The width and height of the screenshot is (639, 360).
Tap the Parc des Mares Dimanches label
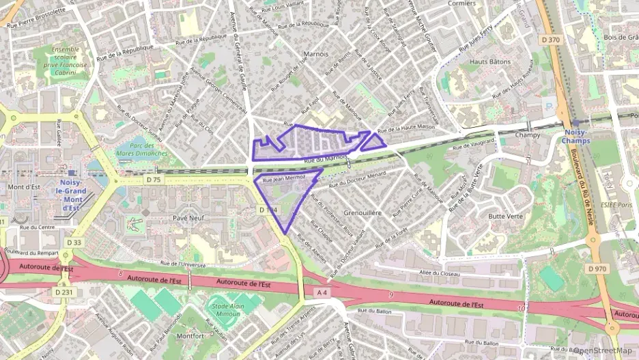point(142,150)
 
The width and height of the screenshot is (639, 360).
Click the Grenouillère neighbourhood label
point(362,213)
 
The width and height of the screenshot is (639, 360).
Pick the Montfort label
point(189,336)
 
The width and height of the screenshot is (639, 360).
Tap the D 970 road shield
point(597,268)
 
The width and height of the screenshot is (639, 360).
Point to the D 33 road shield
point(74,243)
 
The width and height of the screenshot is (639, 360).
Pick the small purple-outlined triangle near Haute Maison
point(373,141)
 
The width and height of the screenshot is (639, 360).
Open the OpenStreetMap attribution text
point(604,350)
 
